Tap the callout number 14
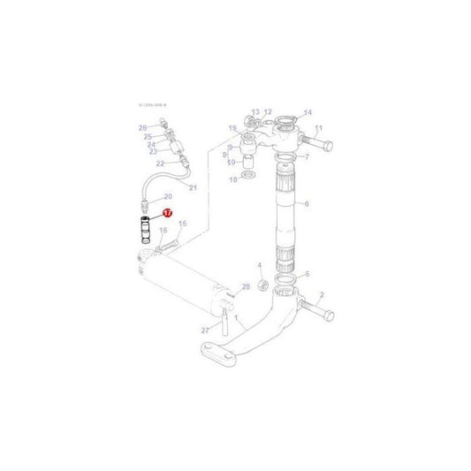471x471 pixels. click(x=308, y=112)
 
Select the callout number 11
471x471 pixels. click(x=318, y=129)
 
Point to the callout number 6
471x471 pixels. click(x=307, y=204)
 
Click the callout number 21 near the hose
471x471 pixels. click(x=193, y=188)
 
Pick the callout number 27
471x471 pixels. click(x=204, y=330)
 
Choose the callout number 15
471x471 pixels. click(x=182, y=224)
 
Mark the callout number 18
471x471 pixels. click(x=232, y=179)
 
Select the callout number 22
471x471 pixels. click(x=160, y=163)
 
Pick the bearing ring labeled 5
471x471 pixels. click(x=286, y=285)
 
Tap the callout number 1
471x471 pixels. click(x=237, y=315)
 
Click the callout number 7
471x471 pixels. click(x=307, y=157)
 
